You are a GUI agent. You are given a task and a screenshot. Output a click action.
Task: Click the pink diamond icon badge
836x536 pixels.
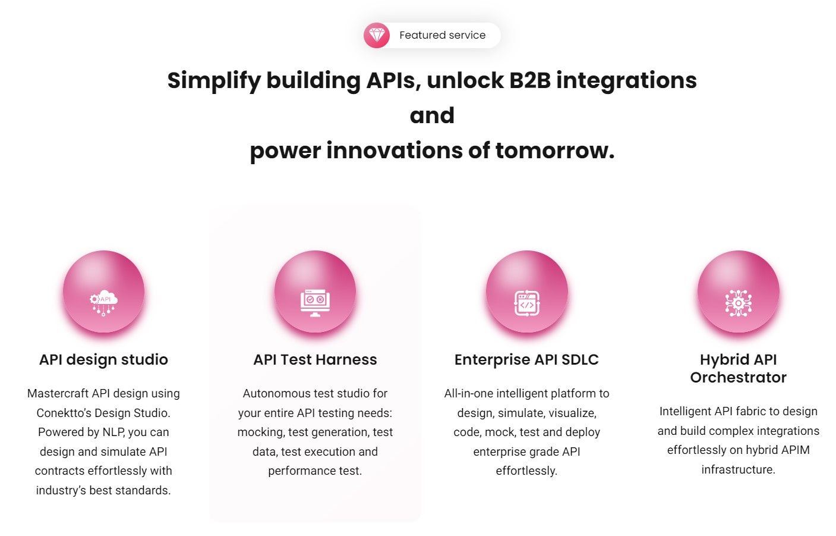(376, 36)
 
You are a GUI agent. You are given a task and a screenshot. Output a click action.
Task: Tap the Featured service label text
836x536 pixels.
(442, 35)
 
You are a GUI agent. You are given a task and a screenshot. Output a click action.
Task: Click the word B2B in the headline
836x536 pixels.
(530, 80)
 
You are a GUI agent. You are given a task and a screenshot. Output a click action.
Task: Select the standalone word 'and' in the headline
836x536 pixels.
(432, 115)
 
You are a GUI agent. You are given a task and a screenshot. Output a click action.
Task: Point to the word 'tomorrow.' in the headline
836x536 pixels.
(554, 151)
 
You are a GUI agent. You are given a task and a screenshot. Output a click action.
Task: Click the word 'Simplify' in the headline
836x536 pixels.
(213, 80)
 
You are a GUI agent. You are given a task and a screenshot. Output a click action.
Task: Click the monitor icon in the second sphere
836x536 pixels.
(315, 303)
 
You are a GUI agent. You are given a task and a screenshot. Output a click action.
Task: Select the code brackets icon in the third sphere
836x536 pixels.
(526, 303)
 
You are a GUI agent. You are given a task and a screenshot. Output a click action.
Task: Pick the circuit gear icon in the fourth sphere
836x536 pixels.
(738, 303)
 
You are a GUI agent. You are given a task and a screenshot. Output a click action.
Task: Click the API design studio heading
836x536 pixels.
(103, 359)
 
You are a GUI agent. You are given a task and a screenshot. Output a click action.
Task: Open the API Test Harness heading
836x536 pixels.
(315, 359)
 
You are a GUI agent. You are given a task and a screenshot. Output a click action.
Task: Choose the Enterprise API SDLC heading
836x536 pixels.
(526, 359)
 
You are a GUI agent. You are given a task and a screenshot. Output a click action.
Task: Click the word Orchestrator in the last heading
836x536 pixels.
(738, 377)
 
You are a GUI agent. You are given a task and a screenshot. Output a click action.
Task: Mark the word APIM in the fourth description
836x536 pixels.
(795, 450)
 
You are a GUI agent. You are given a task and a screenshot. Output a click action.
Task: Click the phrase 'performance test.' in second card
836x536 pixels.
(315, 471)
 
